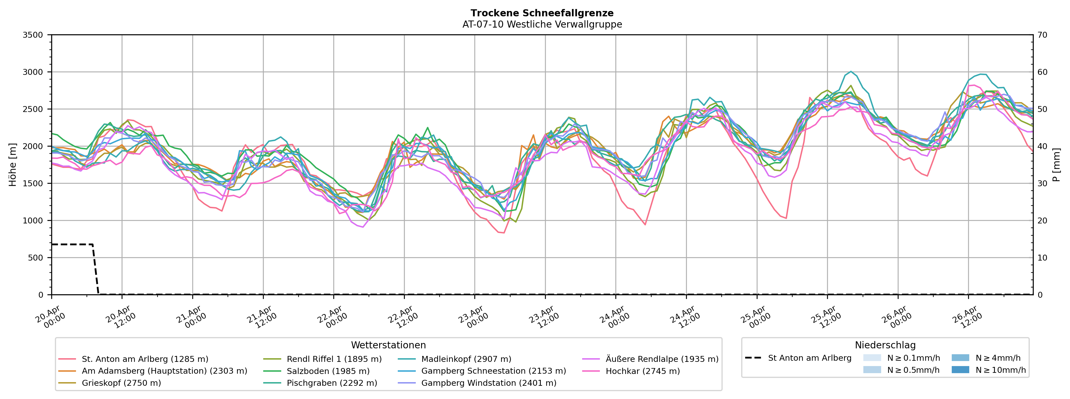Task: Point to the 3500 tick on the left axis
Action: click(x=33, y=35)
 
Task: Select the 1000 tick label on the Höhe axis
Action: click(x=33, y=221)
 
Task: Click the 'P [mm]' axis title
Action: click(x=1056, y=165)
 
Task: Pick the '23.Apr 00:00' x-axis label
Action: click(x=473, y=318)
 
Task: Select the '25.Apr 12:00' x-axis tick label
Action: click(x=826, y=318)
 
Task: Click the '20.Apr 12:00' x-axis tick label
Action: click(x=121, y=318)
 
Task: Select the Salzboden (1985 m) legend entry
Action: click(x=328, y=371)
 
